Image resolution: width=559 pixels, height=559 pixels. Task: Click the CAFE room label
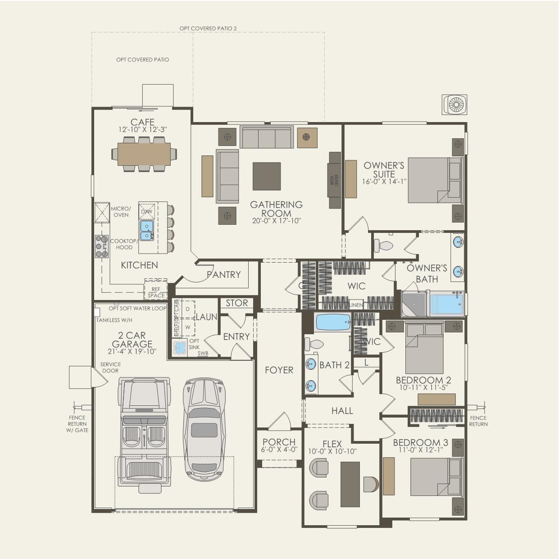[142, 122]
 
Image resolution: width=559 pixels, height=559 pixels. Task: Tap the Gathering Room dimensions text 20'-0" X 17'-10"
[276, 221]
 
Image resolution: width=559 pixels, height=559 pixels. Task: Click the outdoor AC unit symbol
[454, 105]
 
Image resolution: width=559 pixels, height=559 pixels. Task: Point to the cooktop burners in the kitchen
[101, 246]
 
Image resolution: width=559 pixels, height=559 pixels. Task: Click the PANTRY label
[224, 274]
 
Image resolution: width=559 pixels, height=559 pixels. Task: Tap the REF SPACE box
[156, 292]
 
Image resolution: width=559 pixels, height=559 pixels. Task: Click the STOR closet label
[236, 303]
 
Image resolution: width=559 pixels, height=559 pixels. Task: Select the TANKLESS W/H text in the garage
[114, 320]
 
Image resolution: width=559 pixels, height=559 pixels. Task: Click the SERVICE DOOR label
[110, 368]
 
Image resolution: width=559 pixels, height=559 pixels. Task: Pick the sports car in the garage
[204, 428]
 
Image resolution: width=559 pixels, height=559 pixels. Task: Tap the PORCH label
[279, 442]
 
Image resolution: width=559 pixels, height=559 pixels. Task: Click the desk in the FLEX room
[350, 484]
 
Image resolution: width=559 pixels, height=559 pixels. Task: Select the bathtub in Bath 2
[333, 323]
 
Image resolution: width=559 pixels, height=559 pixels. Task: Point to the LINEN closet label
[355, 305]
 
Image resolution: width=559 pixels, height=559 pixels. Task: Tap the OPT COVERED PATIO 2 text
[208, 28]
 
